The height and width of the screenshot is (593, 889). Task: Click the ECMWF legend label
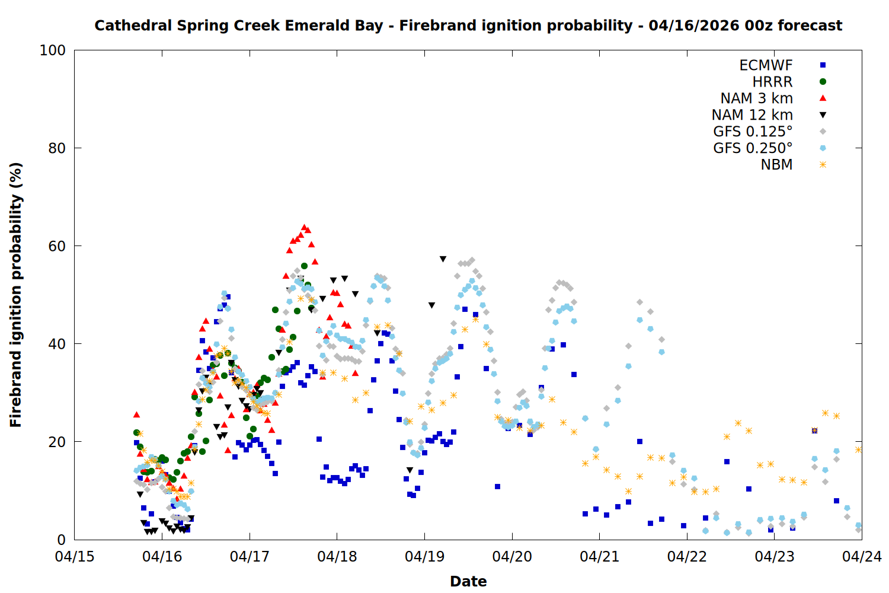coord(766,65)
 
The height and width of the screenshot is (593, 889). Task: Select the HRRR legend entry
coord(772,82)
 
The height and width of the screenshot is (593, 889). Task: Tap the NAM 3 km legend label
coord(756,98)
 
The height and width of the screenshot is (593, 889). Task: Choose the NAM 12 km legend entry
coord(752,115)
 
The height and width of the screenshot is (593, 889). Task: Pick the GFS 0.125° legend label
coord(753,132)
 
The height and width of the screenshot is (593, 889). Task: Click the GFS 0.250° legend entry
coord(753,148)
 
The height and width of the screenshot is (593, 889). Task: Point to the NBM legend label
coord(776,165)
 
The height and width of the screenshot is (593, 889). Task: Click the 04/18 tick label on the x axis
coord(337,557)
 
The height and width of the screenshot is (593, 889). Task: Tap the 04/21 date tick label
coord(600,557)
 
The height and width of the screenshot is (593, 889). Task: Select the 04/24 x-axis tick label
coord(862,557)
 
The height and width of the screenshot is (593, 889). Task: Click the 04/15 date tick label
coord(75,557)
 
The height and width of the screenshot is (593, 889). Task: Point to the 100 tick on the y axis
coord(53,50)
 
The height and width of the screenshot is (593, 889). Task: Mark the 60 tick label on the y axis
coord(57,246)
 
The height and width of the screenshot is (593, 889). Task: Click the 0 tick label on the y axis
coord(62,540)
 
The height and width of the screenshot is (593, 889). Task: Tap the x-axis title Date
coord(468,581)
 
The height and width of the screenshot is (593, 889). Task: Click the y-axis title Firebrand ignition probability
coord(16,295)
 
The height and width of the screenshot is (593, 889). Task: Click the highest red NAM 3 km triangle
coord(304,227)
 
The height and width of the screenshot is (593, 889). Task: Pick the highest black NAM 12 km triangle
coord(443,259)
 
